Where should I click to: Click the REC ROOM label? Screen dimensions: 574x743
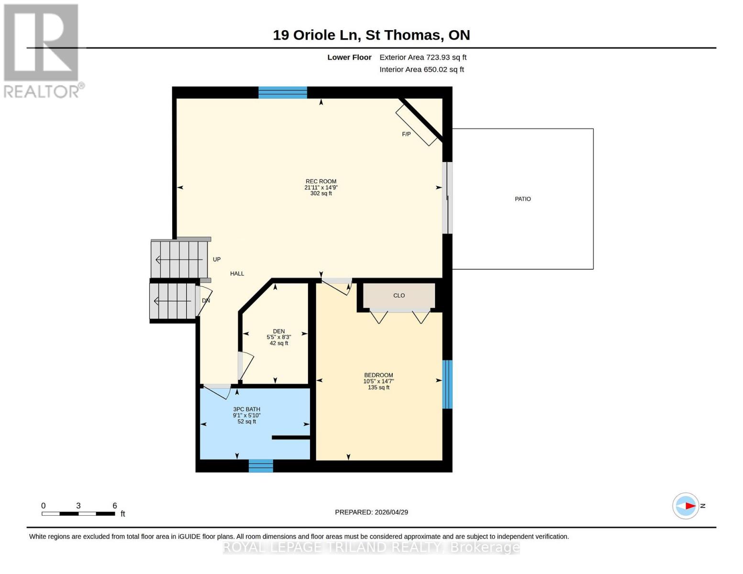(x=321, y=181)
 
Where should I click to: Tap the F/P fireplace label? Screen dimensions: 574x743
(x=406, y=134)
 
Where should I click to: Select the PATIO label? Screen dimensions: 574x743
(x=522, y=199)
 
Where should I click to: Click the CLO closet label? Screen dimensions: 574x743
(x=399, y=296)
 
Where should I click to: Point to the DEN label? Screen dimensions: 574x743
(x=279, y=331)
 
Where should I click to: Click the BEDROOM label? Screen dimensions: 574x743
(x=378, y=375)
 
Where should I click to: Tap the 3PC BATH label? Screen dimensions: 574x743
(x=246, y=409)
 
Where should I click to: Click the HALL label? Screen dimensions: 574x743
(x=237, y=274)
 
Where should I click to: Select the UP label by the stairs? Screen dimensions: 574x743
(x=217, y=259)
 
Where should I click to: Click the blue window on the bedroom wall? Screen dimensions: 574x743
(x=447, y=385)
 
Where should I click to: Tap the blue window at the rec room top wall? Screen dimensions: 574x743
(x=283, y=93)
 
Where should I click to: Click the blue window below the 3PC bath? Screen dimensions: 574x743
(x=261, y=466)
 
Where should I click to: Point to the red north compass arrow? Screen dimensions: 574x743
(x=689, y=506)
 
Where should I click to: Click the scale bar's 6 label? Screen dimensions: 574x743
(x=115, y=506)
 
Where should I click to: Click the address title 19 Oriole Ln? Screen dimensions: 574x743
(x=371, y=35)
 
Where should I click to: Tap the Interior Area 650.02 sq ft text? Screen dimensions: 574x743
(x=421, y=70)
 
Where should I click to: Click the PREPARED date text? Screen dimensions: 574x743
(x=371, y=512)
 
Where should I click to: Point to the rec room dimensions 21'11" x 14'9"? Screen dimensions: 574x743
(x=321, y=188)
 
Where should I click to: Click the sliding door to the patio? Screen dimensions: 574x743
(x=447, y=198)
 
